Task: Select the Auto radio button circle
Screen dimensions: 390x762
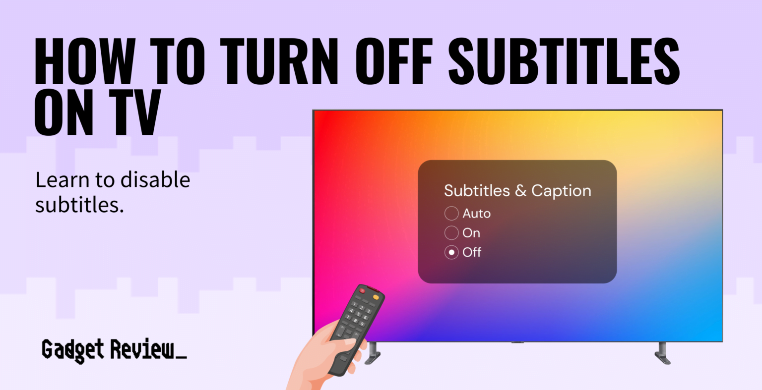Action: point(451,214)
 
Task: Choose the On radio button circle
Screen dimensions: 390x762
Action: point(451,233)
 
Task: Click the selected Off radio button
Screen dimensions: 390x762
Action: point(451,252)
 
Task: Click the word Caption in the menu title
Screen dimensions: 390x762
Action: point(561,191)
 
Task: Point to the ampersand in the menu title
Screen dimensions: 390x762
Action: point(520,191)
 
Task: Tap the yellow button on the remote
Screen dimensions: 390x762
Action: point(376,297)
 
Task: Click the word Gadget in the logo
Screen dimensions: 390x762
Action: point(73,349)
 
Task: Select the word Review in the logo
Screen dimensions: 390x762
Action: point(142,349)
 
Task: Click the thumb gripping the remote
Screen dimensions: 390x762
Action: point(350,341)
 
